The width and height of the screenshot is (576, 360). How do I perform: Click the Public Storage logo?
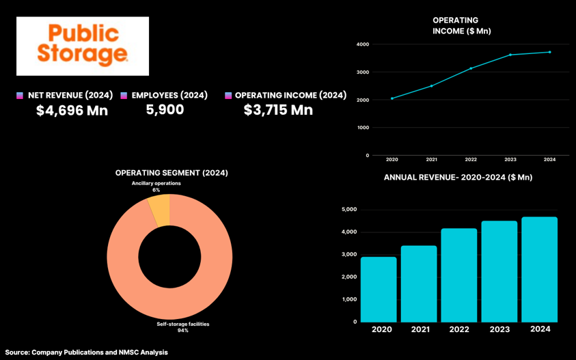[x=83, y=46]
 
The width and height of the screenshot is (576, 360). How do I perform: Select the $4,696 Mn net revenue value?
[x=72, y=110]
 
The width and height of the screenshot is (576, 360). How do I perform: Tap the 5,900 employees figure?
[x=165, y=109]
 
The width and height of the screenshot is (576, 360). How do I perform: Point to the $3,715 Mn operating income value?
[x=278, y=110]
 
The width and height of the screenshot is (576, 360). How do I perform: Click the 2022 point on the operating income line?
[x=471, y=68]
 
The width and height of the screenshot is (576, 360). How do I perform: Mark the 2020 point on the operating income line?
[x=392, y=98]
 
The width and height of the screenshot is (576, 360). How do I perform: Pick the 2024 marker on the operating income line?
[x=549, y=52]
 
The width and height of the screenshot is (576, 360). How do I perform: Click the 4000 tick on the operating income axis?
[x=363, y=44]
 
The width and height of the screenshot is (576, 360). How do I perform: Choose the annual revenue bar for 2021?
[x=419, y=283]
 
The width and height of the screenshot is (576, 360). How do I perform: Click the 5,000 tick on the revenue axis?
[x=348, y=210]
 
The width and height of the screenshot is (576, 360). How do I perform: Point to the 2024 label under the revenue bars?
[x=540, y=329]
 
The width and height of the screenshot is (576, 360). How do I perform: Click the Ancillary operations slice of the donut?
[x=159, y=210]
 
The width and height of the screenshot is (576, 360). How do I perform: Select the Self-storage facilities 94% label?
[x=182, y=327]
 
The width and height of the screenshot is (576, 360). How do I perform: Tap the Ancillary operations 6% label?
[x=156, y=186]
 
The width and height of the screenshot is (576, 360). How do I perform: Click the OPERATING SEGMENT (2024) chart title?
[x=172, y=173]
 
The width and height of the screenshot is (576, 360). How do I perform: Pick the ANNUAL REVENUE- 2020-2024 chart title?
[x=458, y=178]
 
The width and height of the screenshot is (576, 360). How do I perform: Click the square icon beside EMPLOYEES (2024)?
[x=124, y=96]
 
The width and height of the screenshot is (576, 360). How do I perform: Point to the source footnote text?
[x=86, y=352]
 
